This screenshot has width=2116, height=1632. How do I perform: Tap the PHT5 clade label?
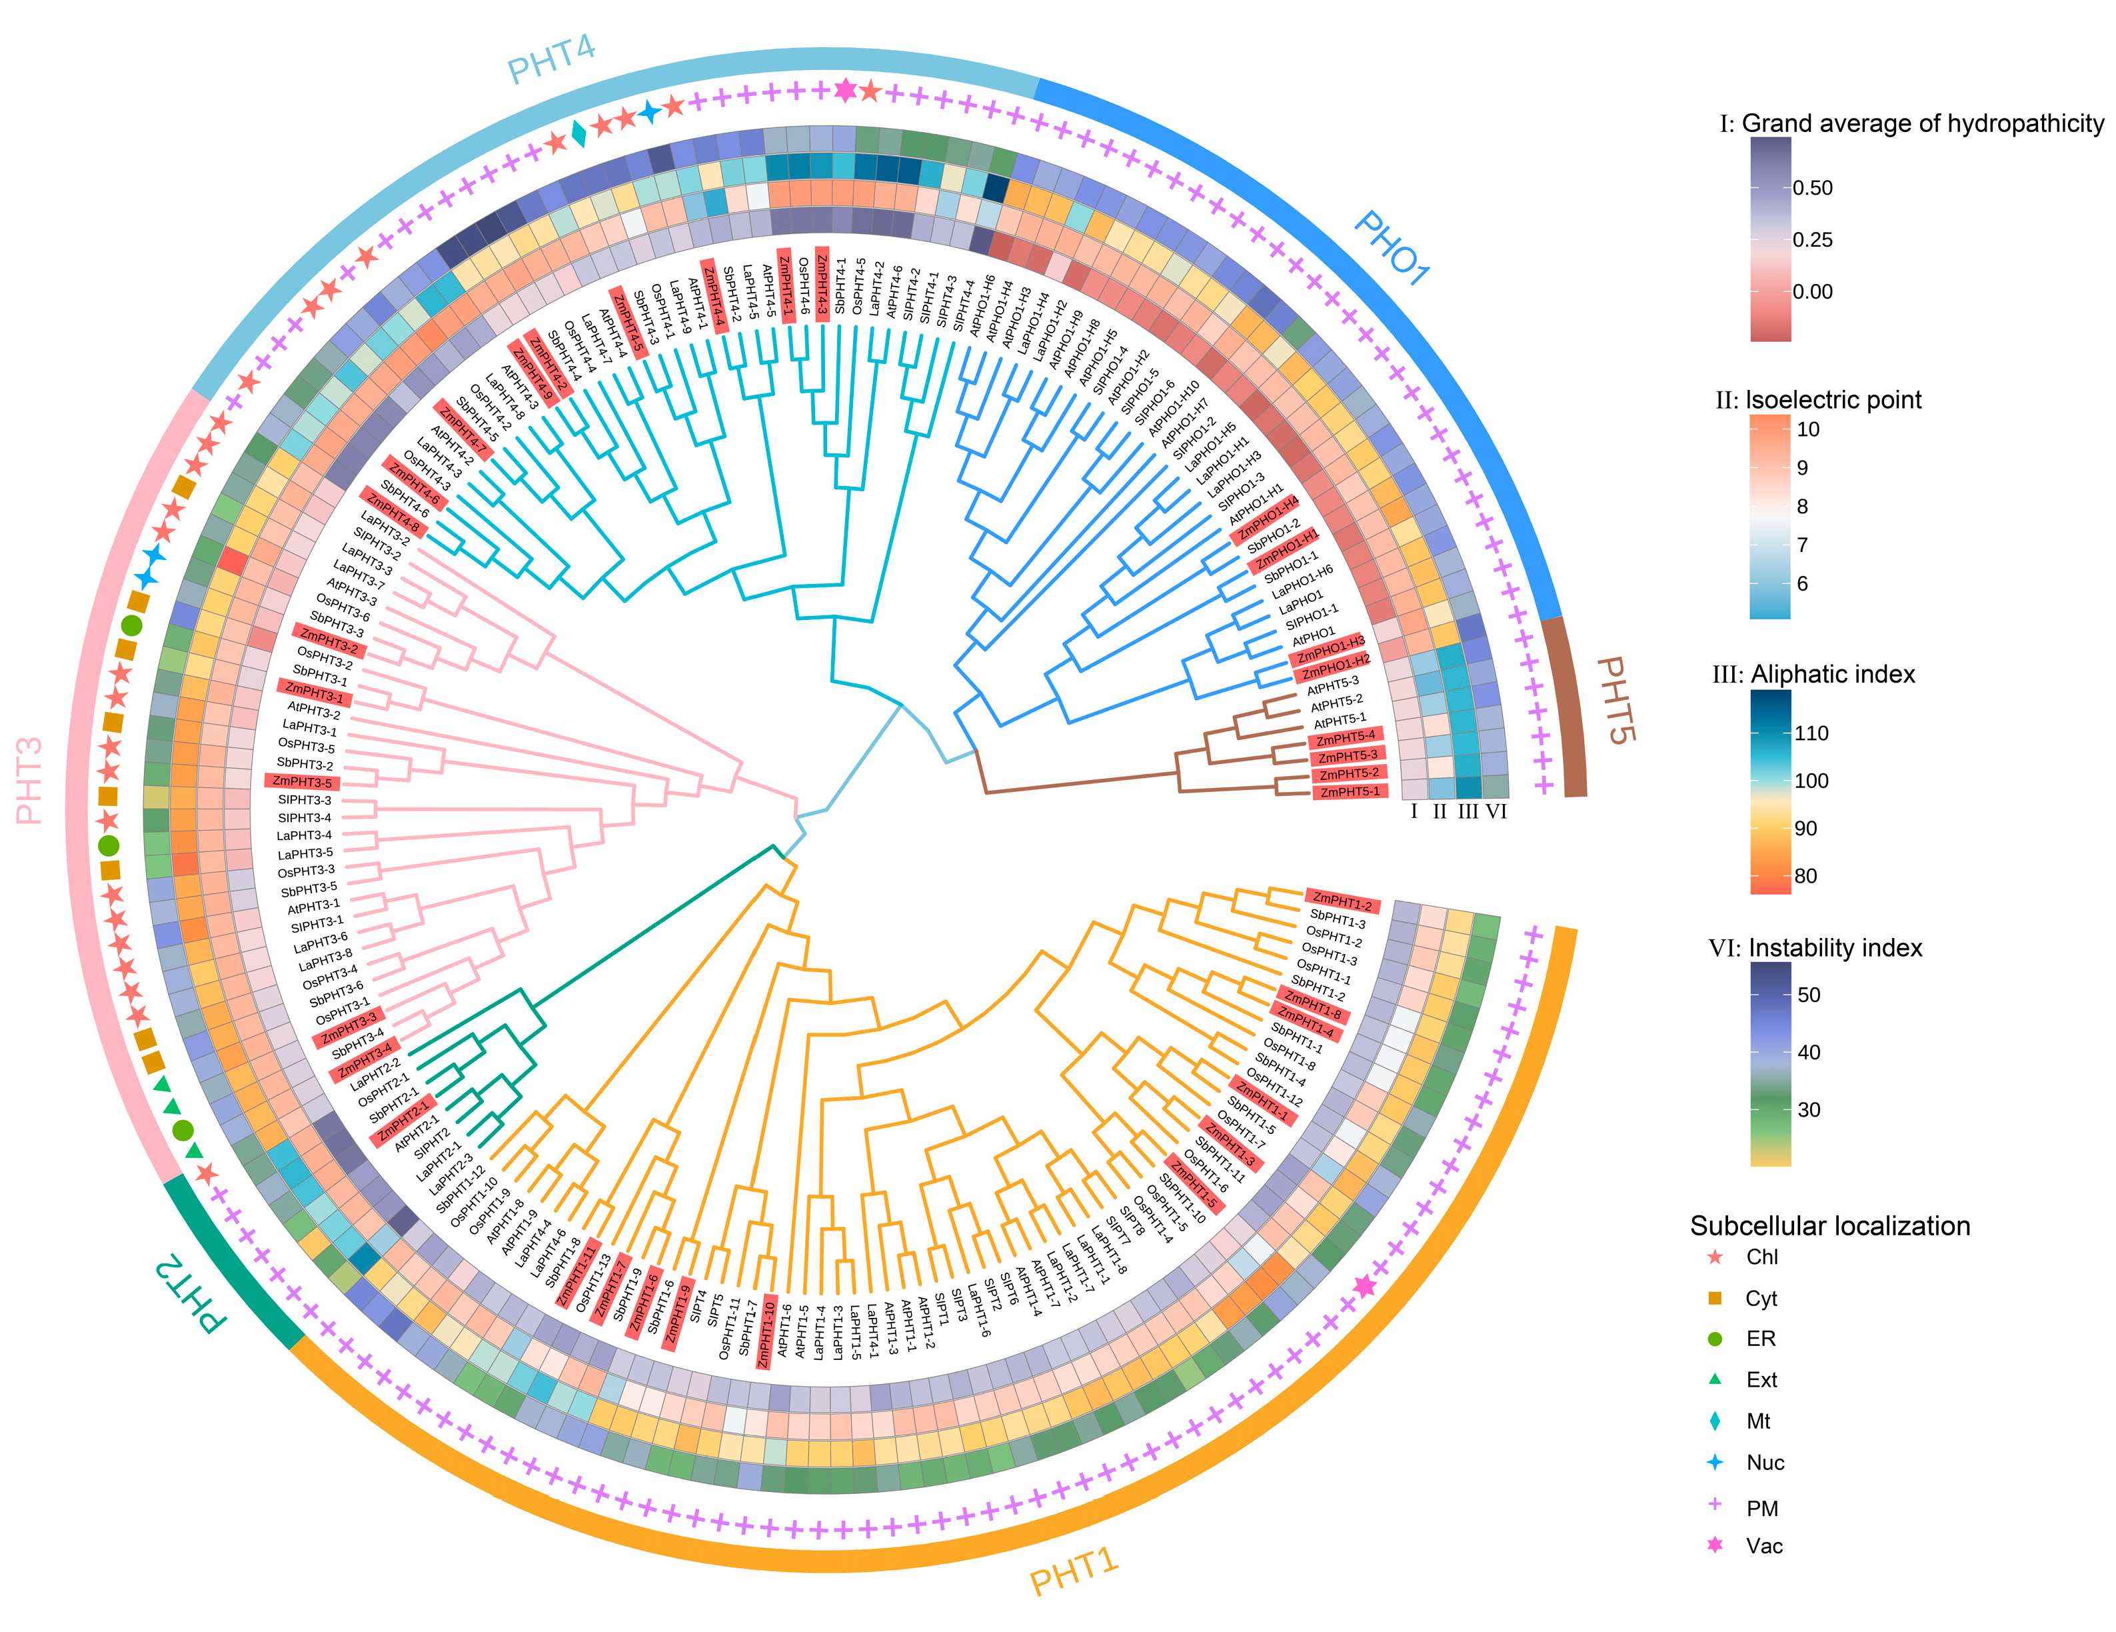coord(1614,700)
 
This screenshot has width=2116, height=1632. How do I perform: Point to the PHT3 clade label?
coord(30,780)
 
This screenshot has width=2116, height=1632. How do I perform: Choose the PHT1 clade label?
coord(1074,1571)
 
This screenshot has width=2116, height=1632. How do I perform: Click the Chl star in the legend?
coord(1715,1257)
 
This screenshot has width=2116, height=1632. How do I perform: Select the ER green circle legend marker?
coord(1715,1339)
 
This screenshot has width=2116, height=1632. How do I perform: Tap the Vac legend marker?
coord(1715,1545)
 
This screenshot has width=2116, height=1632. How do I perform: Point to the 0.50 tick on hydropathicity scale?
coord(1812,188)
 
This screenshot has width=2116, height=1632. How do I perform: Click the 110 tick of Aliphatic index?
coord(1811,733)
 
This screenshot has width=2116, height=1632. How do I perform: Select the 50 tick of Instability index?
coord(1808,995)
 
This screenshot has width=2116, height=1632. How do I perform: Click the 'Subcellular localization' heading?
coord(1829,1226)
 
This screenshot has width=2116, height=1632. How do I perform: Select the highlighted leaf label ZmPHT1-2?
coord(1342,903)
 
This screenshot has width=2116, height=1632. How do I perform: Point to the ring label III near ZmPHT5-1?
coord(1468,812)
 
